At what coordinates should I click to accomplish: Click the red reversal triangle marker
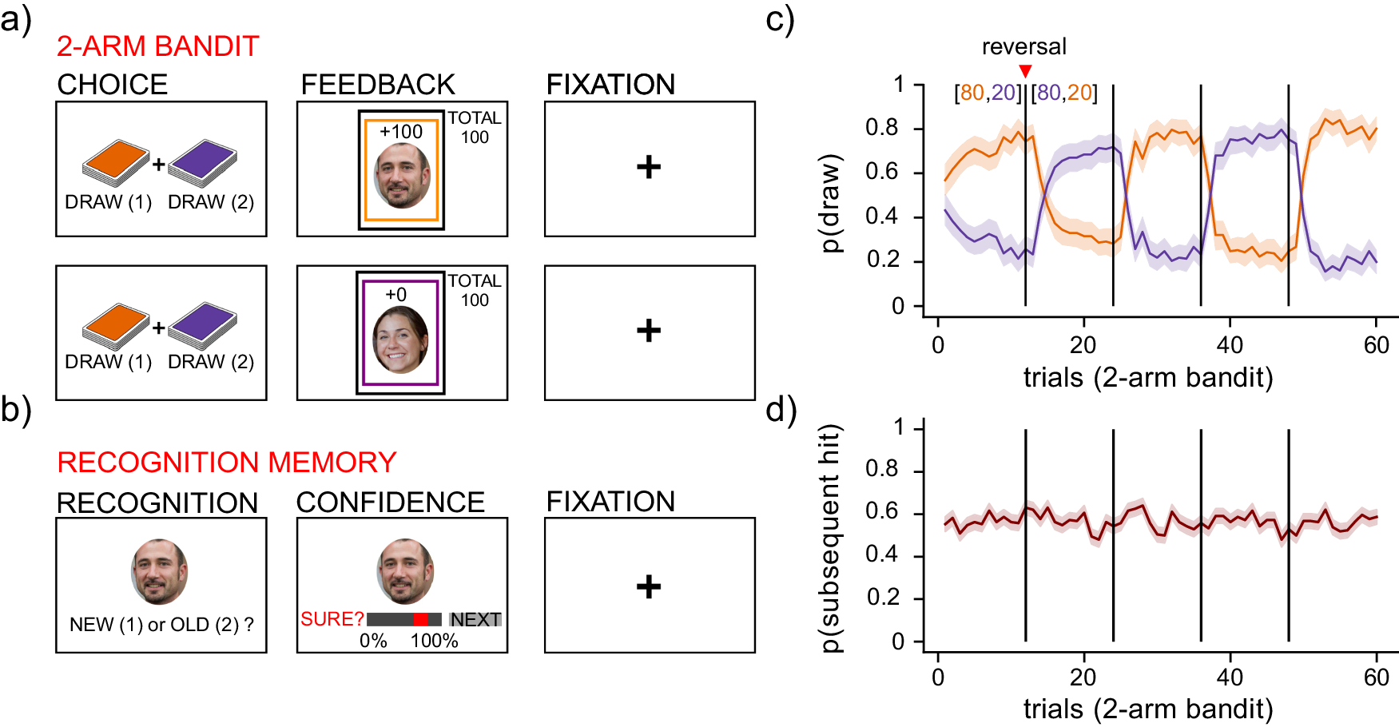click(1025, 71)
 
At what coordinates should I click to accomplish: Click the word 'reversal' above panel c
click(1023, 47)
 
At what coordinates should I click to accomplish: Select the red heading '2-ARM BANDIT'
click(157, 46)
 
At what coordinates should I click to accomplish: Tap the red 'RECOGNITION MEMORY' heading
click(227, 463)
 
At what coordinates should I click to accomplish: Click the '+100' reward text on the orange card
click(401, 132)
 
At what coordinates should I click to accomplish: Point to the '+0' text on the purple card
click(396, 295)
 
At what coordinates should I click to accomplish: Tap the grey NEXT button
click(475, 620)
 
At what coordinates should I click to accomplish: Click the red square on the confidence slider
click(420, 620)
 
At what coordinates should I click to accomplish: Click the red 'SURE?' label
click(332, 620)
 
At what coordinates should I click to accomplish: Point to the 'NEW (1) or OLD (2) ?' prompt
click(161, 625)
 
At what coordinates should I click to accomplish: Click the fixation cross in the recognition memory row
click(649, 586)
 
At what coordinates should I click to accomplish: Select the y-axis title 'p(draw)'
click(832, 203)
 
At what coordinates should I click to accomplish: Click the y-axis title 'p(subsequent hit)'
click(832, 538)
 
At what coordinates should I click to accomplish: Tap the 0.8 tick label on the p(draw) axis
click(881, 128)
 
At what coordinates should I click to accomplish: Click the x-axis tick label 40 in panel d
click(1230, 677)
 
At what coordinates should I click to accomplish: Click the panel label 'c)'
click(780, 19)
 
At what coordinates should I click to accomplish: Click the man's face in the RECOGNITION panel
click(160, 571)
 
